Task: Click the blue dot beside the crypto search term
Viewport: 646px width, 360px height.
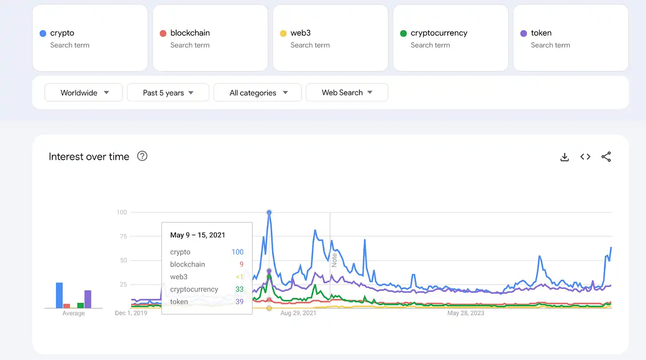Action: point(43,33)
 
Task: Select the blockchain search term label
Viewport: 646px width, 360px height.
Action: point(190,33)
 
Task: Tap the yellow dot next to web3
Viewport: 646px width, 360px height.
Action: point(283,33)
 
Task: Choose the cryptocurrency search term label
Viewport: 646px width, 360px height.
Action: point(439,33)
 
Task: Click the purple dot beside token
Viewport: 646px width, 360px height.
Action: point(524,33)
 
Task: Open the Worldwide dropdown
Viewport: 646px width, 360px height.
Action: point(84,93)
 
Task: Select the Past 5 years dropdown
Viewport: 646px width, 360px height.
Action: point(168,93)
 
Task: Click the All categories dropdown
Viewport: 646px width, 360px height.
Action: point(258,93)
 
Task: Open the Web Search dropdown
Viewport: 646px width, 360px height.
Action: point(347,92)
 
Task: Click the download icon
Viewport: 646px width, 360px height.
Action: point(564,157)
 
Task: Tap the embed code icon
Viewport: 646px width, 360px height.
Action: point(585,157)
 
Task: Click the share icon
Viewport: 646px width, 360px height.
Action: point(606,157)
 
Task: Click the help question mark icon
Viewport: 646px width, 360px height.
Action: point(142,156)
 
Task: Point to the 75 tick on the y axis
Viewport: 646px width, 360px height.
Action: point(122,236)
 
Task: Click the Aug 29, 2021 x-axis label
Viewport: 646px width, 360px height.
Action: point(298,313)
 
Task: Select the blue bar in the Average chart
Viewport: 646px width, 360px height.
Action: point(59,295)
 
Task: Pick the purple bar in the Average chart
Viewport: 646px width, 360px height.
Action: point(88,299)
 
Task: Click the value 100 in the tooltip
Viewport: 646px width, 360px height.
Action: point(237,252)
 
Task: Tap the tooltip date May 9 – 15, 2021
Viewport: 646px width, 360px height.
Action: point(197,235)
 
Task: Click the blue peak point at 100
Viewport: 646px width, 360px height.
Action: point(269,213)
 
